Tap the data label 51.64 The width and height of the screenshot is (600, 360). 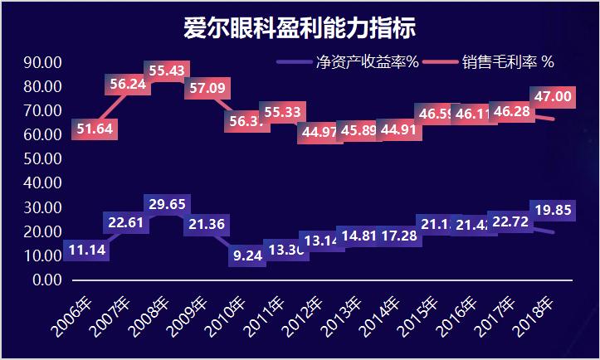pyautogui.click(x=93, y=128)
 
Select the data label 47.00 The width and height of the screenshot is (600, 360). pyautogui.click(x=552, y=96)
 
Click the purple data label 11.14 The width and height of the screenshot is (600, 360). pyautogui.click(x=85, y=250)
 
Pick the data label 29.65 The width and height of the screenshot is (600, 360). pyautogui.click(x=167, y=204)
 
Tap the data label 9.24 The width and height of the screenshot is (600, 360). pyautogui.click(x=248, y=255)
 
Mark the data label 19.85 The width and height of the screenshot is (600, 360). pyautogui.click(x=552, y=210)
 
